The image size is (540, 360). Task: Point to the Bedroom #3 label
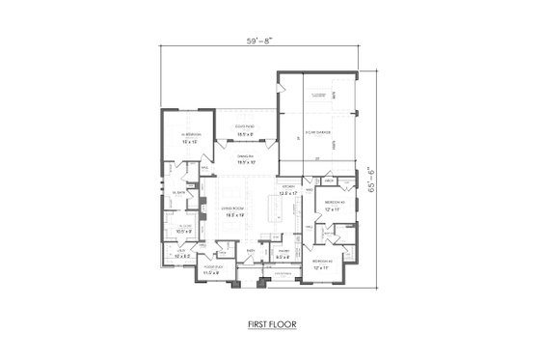click(x=323, y=262)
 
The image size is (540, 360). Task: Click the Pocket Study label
click(x=212, y=268)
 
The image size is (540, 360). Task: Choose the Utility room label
click(x=178, y=250)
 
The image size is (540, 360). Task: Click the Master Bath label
click(x=177, y=194)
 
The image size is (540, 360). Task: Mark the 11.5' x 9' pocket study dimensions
click(x=212, y=275)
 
